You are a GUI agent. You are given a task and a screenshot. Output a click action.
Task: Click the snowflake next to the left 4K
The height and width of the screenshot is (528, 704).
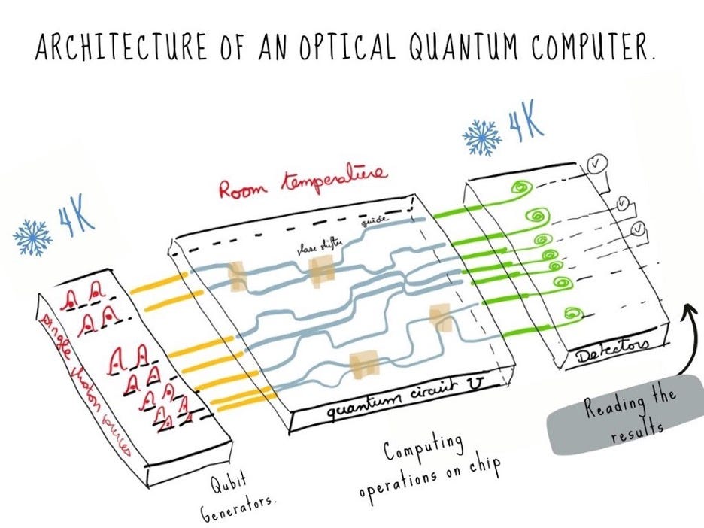pyautogui.click(x=32, y=235)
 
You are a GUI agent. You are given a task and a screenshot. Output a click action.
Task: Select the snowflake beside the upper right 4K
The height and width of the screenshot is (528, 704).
pyautogui.click(x=481, y=138)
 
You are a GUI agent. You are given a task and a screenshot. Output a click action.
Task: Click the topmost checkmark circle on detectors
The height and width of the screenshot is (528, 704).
pyautogui.click(x=596, y=165)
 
